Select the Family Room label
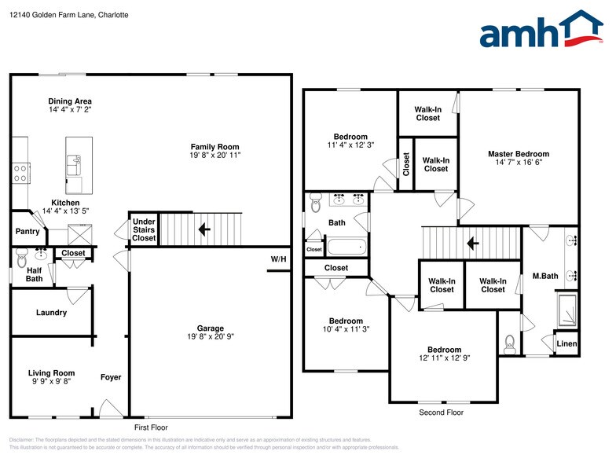[214, 147]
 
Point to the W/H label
[278, 259]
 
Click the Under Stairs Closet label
[144, 229]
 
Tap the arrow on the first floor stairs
[203, 230]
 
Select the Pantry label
[27, 232]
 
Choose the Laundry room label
[51, 313]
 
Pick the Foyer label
[111, 377]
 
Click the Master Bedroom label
[518, 154]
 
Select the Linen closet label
[566, 344]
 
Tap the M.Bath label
[544, 276]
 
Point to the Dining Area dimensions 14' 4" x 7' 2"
[70, 111]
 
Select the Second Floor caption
[441, 412]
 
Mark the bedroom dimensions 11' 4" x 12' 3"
[350, 145]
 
